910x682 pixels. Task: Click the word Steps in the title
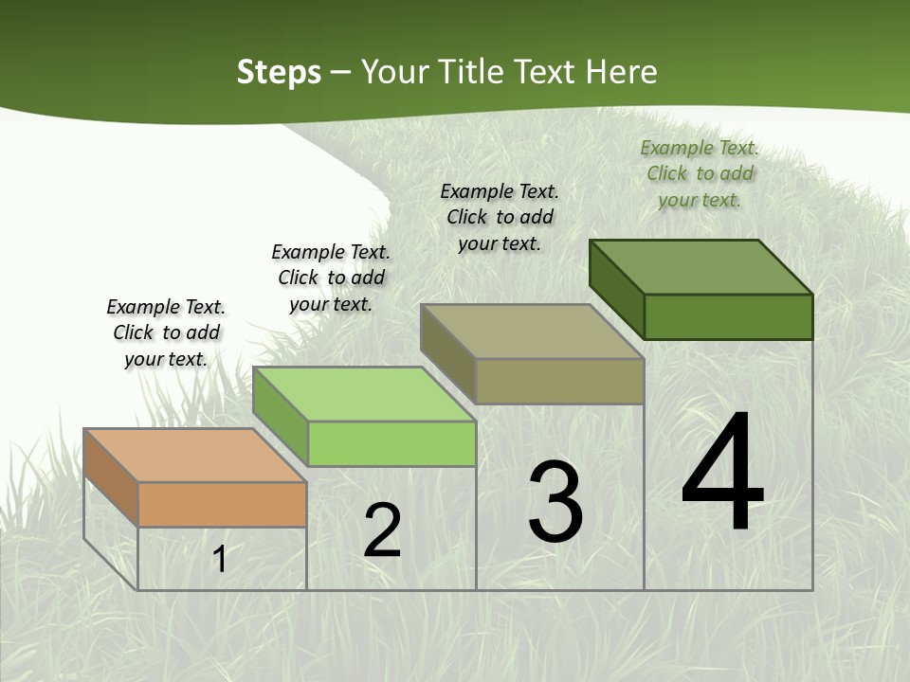[x=279, y=72]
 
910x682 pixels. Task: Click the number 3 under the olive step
[x=555, y=502]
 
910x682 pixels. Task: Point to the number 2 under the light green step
[x=382, y=530]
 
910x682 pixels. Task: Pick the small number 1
[x=220, y=559]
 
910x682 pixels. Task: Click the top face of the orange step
[x=194, y=456]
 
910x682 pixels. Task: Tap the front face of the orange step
[x=222, y=504]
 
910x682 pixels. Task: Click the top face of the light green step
[x=364, y=394]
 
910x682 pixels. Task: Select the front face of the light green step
[x=391, y=443]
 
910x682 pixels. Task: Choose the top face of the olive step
[x=532, y=332]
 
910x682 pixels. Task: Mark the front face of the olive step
[x=559, y=381]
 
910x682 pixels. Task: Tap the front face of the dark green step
[x=728, y=316]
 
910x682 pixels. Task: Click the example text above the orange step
[x=166, y=332]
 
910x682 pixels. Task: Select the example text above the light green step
[x=331, y=278]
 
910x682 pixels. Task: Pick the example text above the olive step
[x=500, y=217]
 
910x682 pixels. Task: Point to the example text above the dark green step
[x=700, y=173]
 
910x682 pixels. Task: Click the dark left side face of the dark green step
[x=616, y=289]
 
